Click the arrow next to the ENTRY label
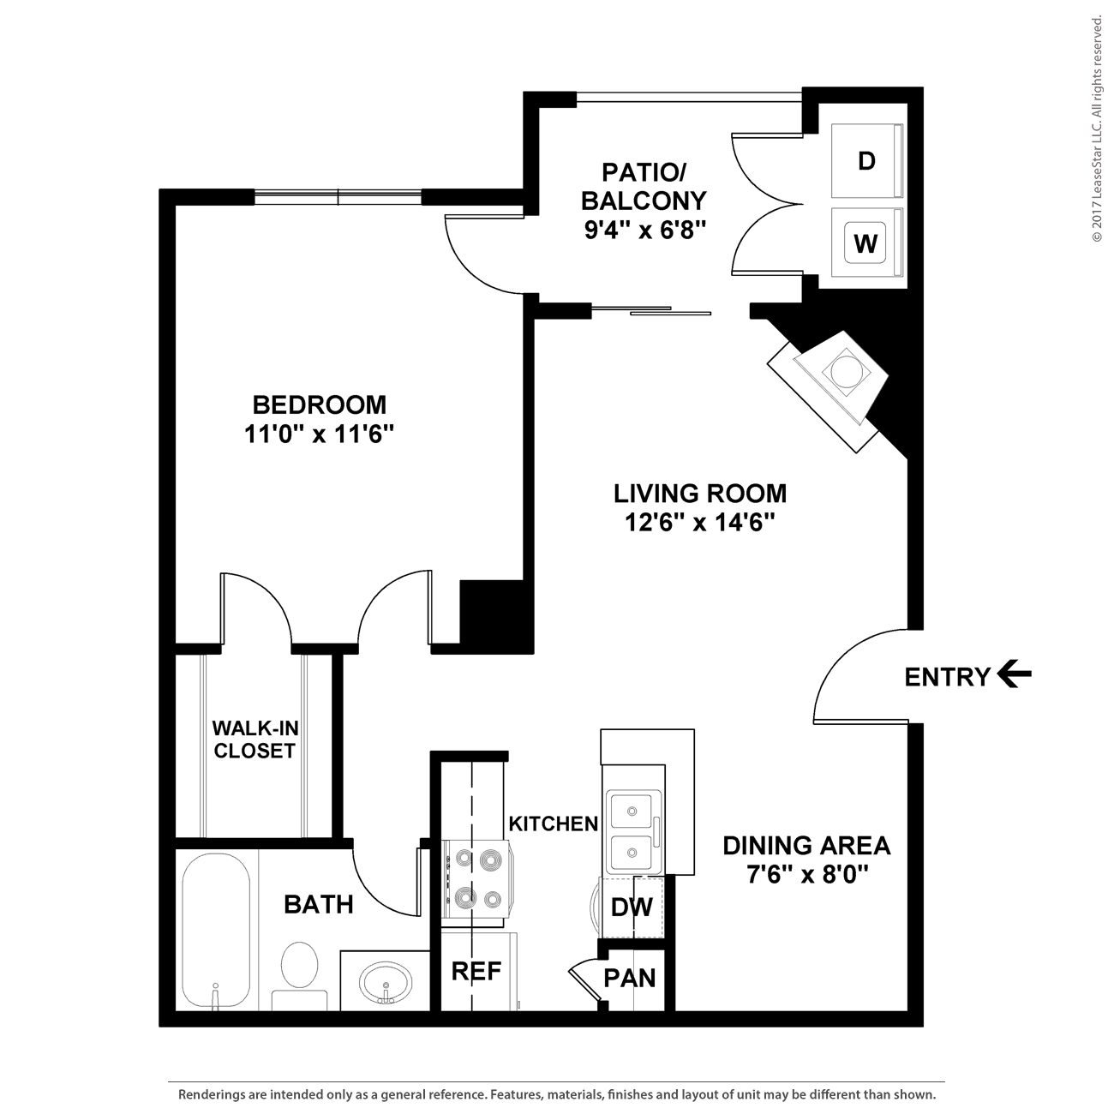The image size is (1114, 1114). click(x=1015, y=674)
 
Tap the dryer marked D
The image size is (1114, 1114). click(x=866, y=161)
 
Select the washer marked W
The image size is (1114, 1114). click(x=866, y=243)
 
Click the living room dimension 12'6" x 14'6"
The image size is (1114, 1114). click(x=699, y=524)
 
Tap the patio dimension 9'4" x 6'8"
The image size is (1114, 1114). click(x=645, y=231)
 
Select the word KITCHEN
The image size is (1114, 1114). click(x=554, y=824)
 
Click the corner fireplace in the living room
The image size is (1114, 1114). click(x=828, y=392)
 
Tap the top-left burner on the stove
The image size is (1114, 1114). click(x=464, y=859)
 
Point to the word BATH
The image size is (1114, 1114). click(x=319, y=905)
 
